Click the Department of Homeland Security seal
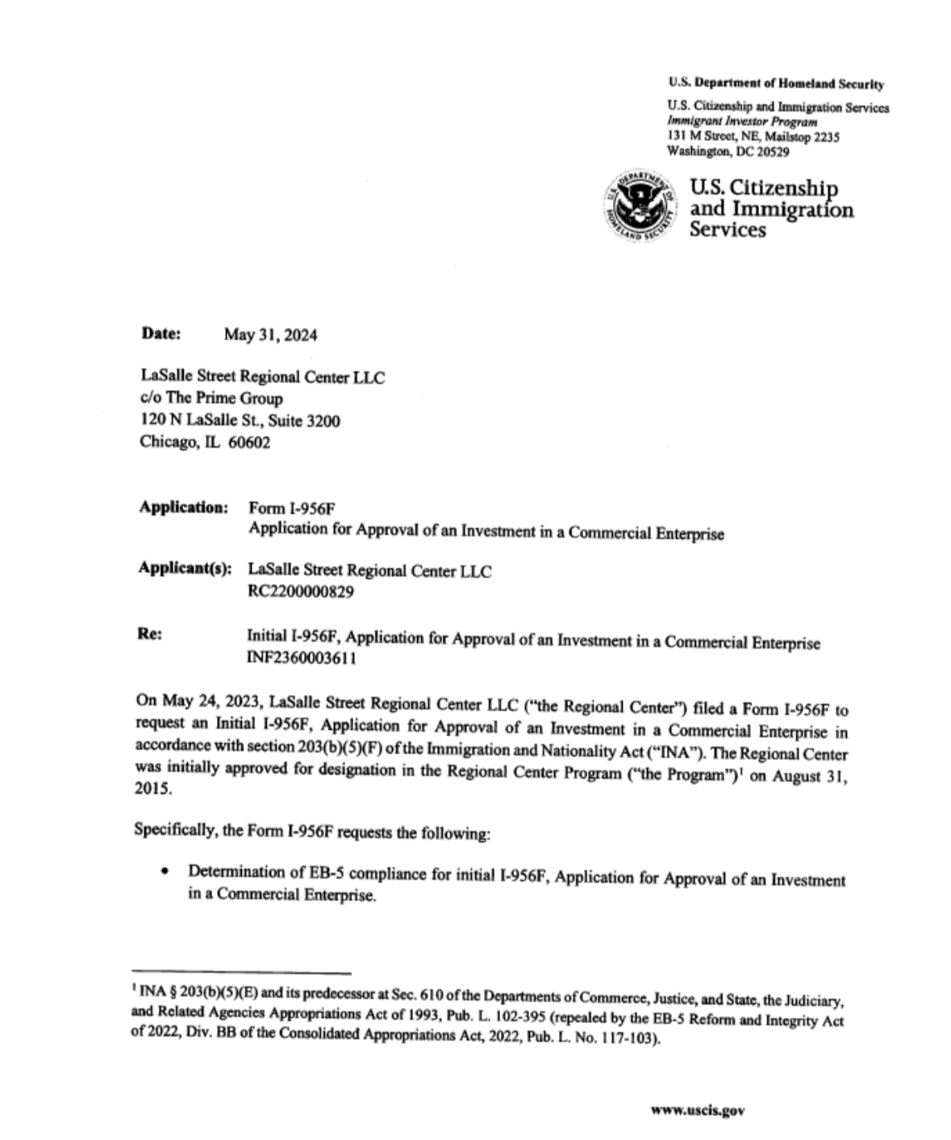(x=640, y=206)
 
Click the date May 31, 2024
(x=270, y=336)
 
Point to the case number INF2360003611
(x=302, y=658)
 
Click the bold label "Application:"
(x=184, y=507)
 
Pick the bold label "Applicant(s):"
(x=186, y=568)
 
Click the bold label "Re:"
(x=150, y=634)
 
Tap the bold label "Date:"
(x=161, y=333)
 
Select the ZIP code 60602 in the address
(x=250, y=442)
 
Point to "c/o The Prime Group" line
(x=211, y=399)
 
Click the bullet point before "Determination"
(x=165, y=872)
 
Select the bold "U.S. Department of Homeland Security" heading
(x=776, y=84)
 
